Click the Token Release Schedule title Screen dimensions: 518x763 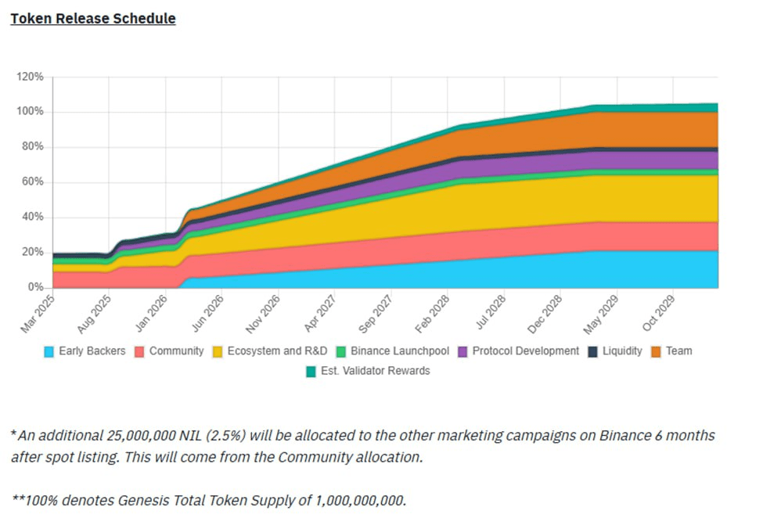point(92,18)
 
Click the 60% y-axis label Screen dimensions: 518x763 point(32,182)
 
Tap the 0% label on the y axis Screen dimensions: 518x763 point(35,287)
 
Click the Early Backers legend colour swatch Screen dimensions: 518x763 point(49,351)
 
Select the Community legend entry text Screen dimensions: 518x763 point(176,351)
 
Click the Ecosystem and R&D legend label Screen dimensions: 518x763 point(277,351)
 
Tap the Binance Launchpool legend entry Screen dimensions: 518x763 point(398,351)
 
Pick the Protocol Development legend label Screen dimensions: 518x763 point(525,351)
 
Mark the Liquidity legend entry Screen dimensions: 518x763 point(622,351)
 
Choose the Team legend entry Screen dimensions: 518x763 point(678,351)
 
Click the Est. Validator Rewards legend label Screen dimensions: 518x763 point(375,371)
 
